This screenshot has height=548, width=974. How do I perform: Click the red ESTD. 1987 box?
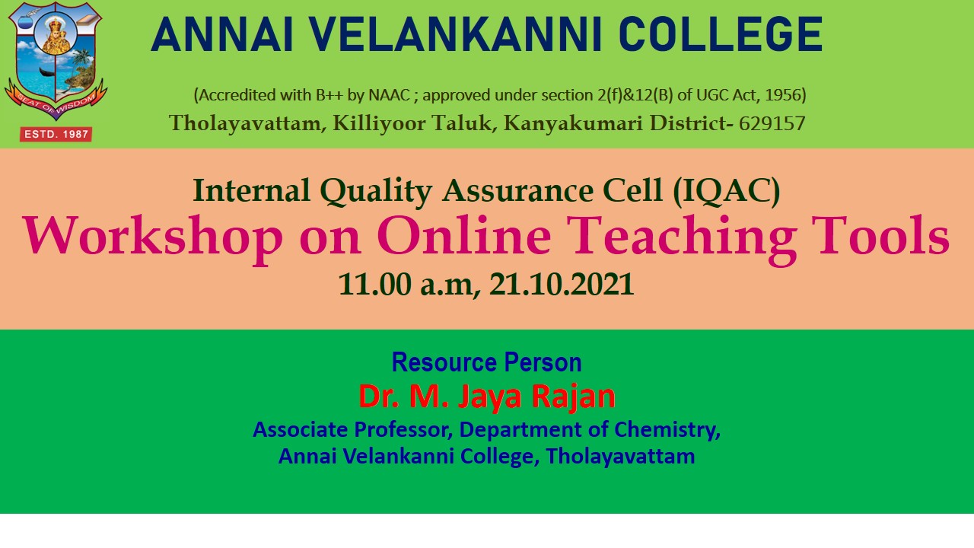point(56,134)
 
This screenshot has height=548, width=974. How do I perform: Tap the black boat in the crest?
point(49,72)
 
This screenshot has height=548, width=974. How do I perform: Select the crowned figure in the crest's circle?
point(56,36)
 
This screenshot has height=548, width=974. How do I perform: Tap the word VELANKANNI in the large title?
point(454,35)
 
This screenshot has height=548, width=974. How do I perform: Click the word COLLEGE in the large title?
point(721,35)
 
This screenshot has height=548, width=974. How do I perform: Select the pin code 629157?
point(772,123)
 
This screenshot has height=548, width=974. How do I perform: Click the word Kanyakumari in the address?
point(573,123)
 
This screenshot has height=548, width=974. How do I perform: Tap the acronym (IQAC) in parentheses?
point(726,190)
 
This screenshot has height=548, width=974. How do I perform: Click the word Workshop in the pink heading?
point(153,236)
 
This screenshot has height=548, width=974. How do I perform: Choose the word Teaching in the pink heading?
point(681,236)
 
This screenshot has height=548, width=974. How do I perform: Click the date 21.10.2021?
point(562,285)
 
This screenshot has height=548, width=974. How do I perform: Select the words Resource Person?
point(486,362)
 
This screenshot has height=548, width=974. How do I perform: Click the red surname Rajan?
point(574,397)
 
